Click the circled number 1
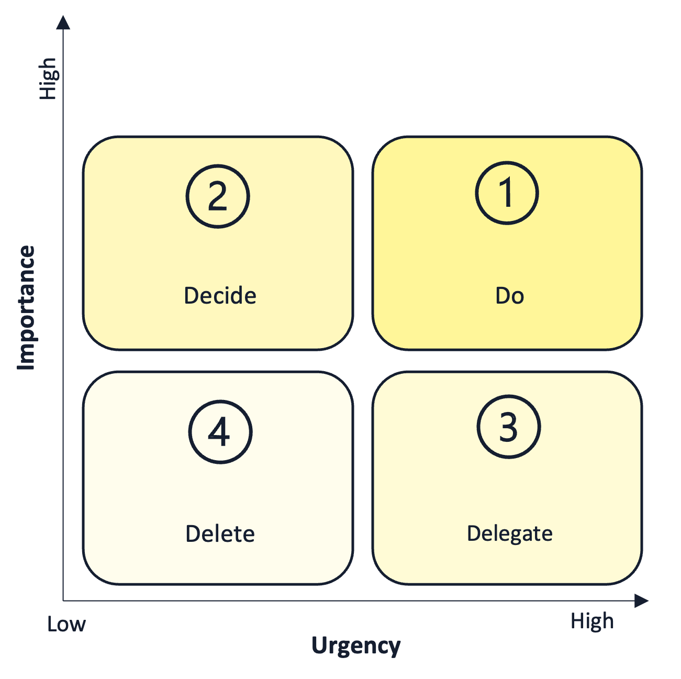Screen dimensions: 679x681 pos(507,193)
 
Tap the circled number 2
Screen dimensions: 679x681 pos(218,196)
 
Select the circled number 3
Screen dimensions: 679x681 pos(508,427)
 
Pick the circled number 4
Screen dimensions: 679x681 pos(220,432)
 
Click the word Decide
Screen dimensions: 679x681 pos(220,296)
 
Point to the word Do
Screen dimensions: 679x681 pos(509,296)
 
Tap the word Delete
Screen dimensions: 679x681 pos(220,534)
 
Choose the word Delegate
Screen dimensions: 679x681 pos(509,534)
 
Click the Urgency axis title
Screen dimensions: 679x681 pos(356,645)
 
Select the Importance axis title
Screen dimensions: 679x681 pos(26,308)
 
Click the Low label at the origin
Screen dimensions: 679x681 pos(66,624)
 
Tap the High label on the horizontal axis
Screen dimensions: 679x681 pos(591,621)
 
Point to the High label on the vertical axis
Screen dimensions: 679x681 pos(48,79)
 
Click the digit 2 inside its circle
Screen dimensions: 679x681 pos(218,197)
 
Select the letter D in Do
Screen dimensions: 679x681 pos(503,296)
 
